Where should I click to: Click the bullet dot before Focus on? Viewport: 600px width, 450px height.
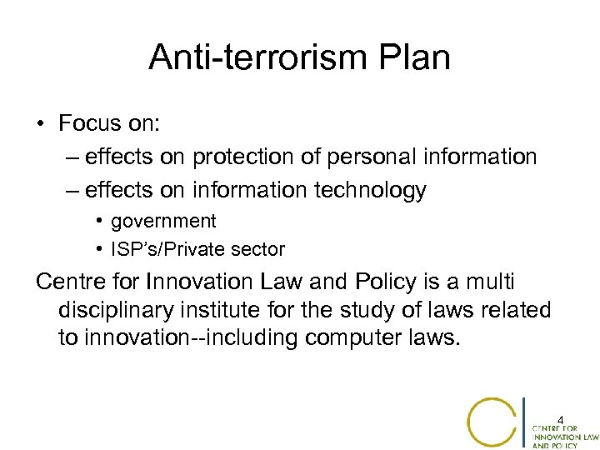click(40, 125)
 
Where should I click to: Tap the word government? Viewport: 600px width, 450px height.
click(163, 221)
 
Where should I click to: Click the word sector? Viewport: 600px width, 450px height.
click(258, 249)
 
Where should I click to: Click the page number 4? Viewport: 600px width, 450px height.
click(561, 419)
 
